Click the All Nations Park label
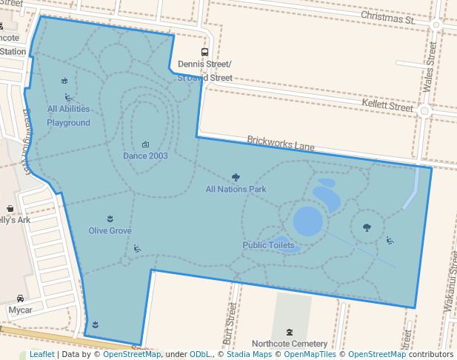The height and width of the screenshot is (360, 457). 236,189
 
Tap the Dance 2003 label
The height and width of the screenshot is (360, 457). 145,156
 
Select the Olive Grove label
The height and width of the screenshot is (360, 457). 110,230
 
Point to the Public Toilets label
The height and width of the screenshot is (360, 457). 268,245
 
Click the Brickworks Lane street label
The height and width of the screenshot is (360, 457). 281,143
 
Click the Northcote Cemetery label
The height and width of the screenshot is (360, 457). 289,344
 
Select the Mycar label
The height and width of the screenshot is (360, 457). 20,310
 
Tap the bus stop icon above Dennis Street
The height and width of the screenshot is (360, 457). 204,52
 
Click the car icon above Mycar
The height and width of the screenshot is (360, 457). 20,298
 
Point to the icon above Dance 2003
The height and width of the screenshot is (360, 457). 145,144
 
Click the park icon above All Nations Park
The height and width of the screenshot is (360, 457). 236,177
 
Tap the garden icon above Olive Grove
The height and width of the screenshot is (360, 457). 110,218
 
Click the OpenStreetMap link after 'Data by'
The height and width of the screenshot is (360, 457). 131,354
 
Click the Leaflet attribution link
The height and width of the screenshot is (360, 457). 41,354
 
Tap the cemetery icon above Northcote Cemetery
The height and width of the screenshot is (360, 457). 289,332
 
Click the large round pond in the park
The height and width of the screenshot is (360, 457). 307,221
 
